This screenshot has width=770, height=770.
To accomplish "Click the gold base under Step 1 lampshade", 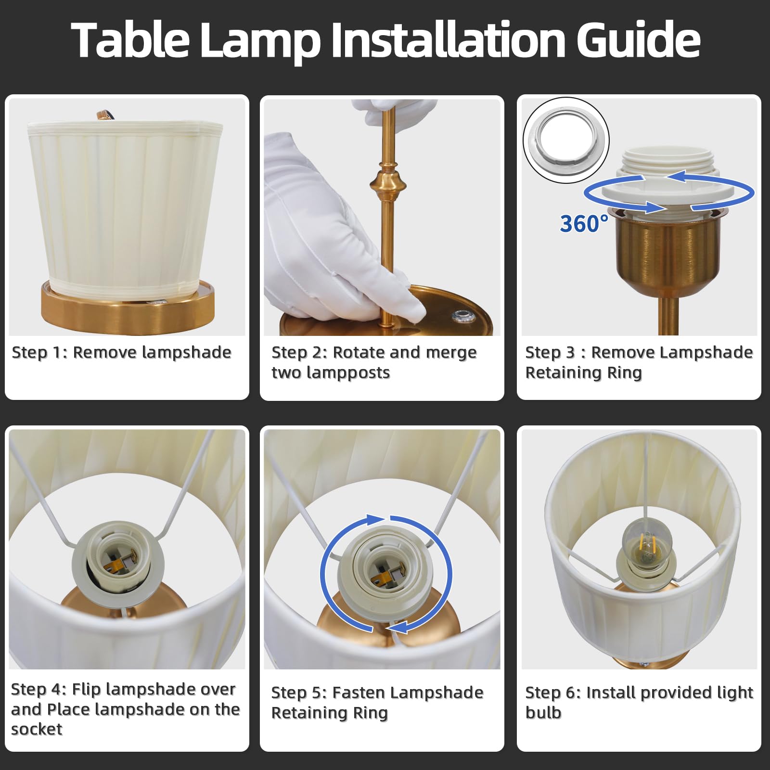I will (x=128, y=311).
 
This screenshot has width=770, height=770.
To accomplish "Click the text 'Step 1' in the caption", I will (x=39, y=352).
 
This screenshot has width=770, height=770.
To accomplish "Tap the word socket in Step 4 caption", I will (x=37, y=730).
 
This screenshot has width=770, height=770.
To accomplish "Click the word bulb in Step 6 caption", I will (x=543, y=713).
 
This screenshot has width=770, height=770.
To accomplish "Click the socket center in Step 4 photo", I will (x=118, y=561).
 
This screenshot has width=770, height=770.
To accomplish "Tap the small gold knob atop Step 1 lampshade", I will (x=103, y=115).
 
